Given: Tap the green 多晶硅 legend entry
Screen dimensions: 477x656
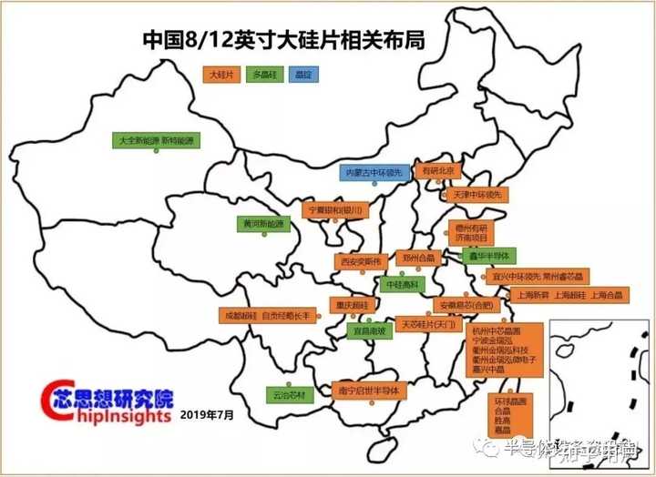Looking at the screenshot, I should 262,72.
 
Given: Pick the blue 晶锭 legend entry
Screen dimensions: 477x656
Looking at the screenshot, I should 302,72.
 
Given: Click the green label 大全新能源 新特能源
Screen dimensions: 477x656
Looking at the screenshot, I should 157,141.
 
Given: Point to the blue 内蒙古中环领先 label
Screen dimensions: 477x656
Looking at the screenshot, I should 374,171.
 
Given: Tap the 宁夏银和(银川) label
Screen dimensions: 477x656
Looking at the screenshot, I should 335,210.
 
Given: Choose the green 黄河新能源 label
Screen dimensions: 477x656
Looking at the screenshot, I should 263,223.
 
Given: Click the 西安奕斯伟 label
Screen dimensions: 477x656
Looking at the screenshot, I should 359,260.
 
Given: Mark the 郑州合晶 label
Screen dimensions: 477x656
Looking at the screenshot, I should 418,258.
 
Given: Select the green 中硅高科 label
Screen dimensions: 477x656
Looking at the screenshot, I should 402,284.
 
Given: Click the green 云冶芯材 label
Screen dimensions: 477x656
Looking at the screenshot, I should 289,395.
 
